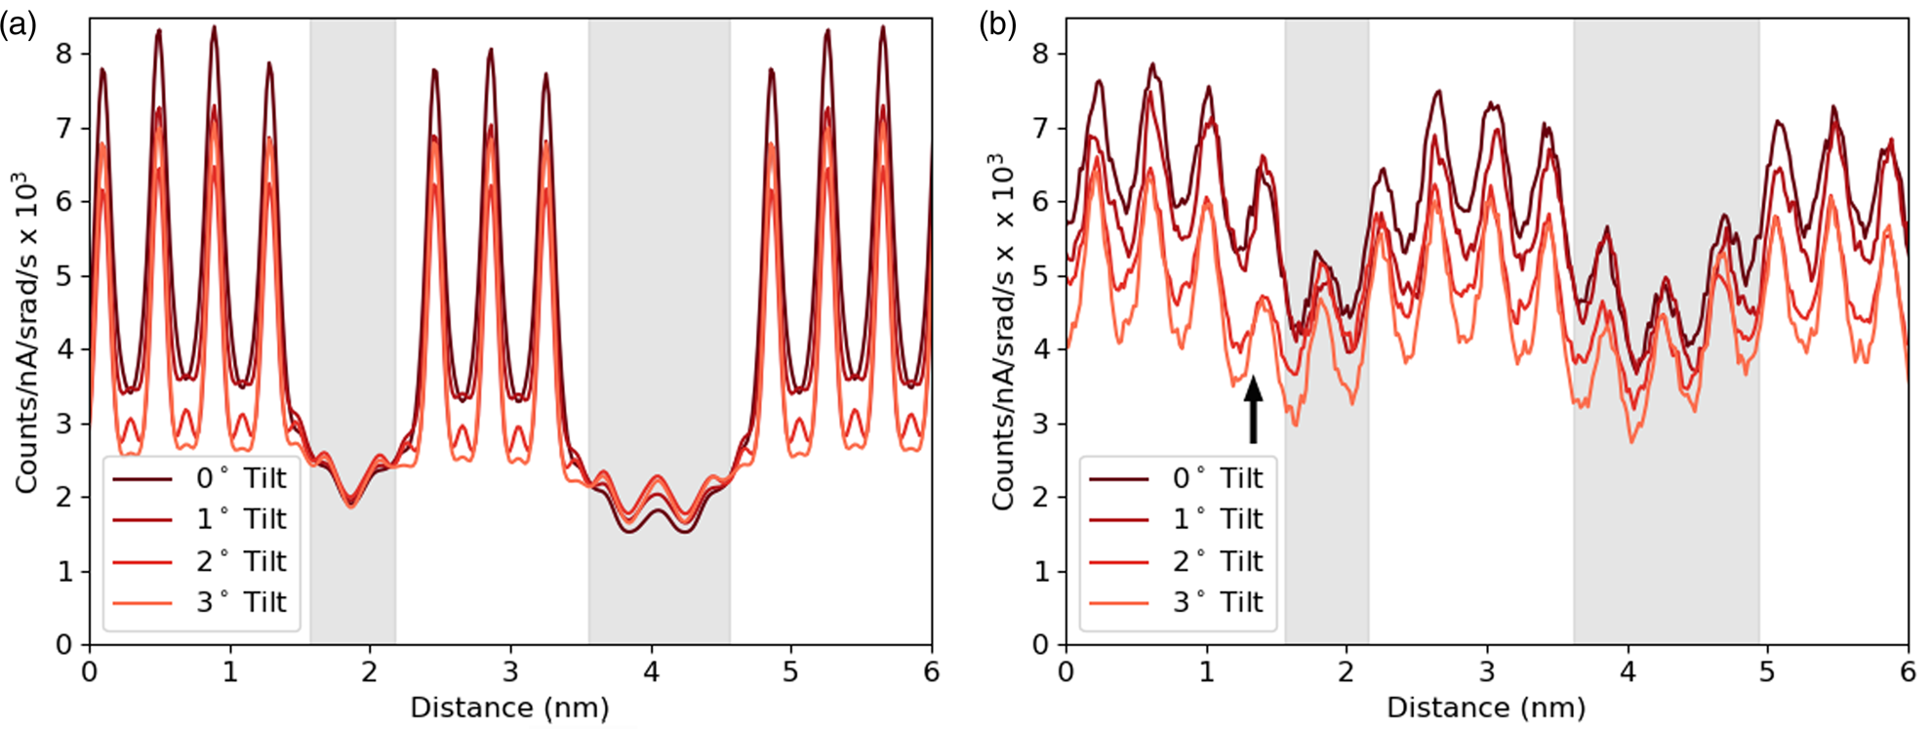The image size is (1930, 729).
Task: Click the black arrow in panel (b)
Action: (x=1253, y=409)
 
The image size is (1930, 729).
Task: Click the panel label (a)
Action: (x=19, y=24)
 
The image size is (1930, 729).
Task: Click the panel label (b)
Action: (x=997, y=24)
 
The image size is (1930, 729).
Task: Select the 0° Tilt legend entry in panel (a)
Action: (x=200, y=478)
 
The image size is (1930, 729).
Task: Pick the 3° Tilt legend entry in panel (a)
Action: (x=200, y=602)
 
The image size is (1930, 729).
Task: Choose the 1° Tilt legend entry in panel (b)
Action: (x=1176, y=519)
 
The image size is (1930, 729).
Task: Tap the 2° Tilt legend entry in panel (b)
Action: (x=1176, y=561)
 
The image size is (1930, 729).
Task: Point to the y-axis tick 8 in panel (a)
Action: (x=65, y=54)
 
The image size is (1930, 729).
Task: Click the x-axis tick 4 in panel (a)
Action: (x=651, y=671)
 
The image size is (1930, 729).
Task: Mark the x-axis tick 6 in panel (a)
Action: (x=931, y=671)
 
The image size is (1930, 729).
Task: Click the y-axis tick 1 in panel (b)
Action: (x=1041, y=571)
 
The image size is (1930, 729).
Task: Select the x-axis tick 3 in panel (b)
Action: (x=1487, y=671)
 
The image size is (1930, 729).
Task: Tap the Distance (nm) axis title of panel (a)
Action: (x=509, y=707)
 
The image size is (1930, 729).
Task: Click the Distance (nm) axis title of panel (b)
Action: (x=1486, y=707)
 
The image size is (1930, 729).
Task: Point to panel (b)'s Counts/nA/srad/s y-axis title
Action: (x=1003, y=332)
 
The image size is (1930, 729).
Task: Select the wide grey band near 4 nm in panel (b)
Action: (x=1666, y=146)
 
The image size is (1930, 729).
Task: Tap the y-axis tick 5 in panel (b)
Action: (x=1041, y=275)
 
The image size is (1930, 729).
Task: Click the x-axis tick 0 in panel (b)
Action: (x=1066, y=671)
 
